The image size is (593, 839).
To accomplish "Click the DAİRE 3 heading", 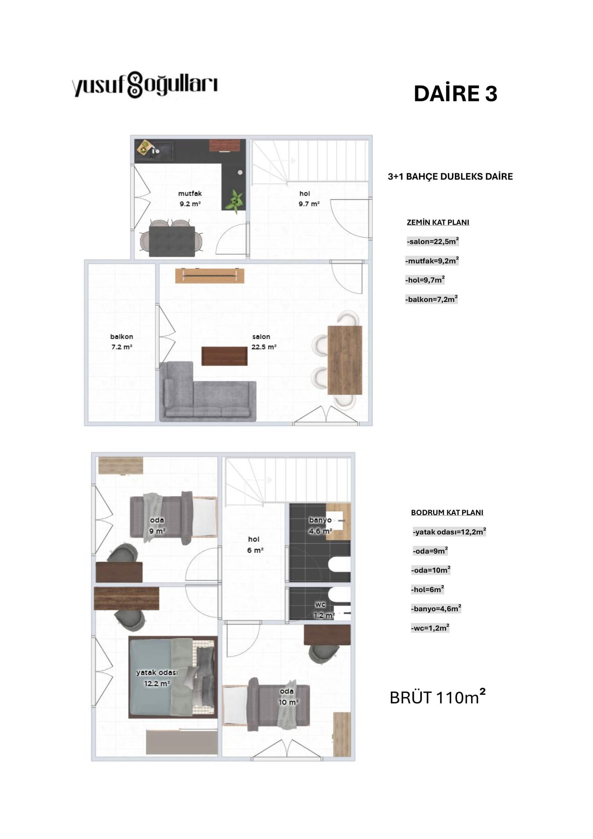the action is point(455,93).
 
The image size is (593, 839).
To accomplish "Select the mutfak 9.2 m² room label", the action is point(190,198).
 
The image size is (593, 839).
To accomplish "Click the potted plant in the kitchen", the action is point(235,201).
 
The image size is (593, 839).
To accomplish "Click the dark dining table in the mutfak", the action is point(172,241).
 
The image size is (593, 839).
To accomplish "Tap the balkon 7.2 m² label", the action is point(122,342).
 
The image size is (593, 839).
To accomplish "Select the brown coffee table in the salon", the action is point(224,356).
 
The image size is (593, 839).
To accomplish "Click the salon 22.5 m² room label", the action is point(264,342).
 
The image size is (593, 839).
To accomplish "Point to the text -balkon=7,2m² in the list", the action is point(431,299).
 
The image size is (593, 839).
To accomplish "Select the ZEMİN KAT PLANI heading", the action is point(438,222).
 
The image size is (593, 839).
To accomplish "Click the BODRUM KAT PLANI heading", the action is point(447,512).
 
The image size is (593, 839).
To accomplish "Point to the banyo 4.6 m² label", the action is point(320,525).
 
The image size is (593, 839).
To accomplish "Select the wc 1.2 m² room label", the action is point(321,610).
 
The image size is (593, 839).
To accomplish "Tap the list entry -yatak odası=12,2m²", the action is point(449,532).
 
